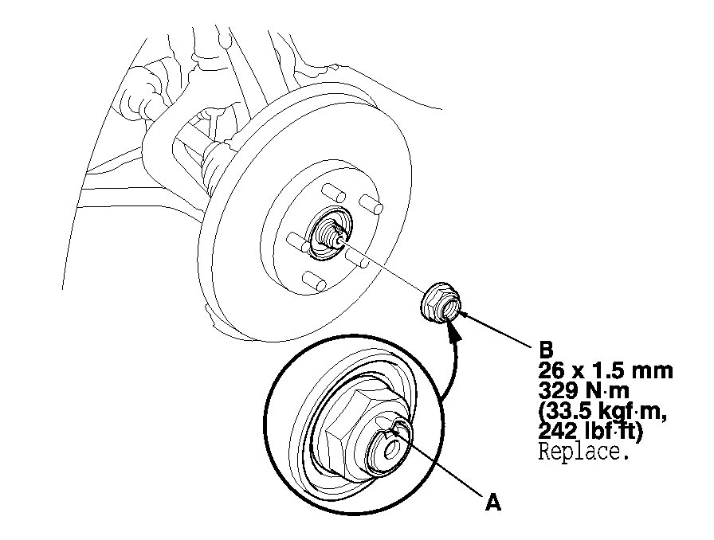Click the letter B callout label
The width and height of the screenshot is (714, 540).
pos(546,350)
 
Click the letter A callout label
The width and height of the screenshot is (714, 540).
pos(493,503)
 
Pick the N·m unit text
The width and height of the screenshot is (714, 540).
pos(607,390)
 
